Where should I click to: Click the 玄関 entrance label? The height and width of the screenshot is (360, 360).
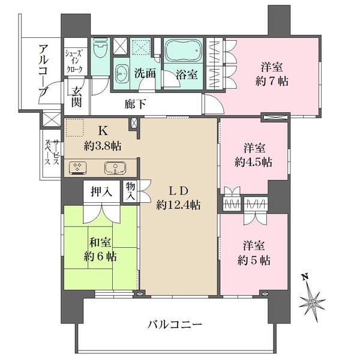point(77,98)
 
